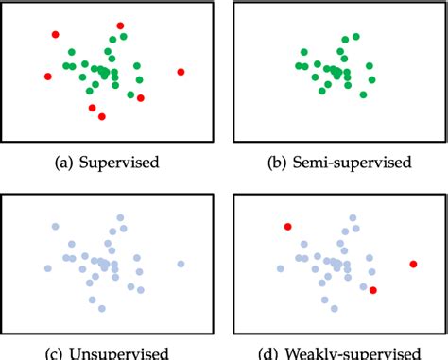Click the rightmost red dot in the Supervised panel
coord(181,72)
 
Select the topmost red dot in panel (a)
coord(120,26)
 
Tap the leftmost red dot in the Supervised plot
coord(47,77)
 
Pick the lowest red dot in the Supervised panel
coord(102,116)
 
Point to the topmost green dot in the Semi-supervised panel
coord(356,37)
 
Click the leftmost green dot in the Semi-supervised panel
coord(298,65)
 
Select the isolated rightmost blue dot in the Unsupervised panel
coord(181,264)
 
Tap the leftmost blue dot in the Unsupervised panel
coord(47,268)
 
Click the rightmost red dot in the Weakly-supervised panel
coord(413,264)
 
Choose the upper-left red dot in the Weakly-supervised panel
coord(287,227)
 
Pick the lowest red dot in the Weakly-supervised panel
coord(373,290)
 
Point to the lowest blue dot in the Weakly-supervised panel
coord(335,308)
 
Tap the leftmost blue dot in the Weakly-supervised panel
coord(280,268)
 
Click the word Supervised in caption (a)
coord(124,163)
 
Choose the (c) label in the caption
coord(59,354)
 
